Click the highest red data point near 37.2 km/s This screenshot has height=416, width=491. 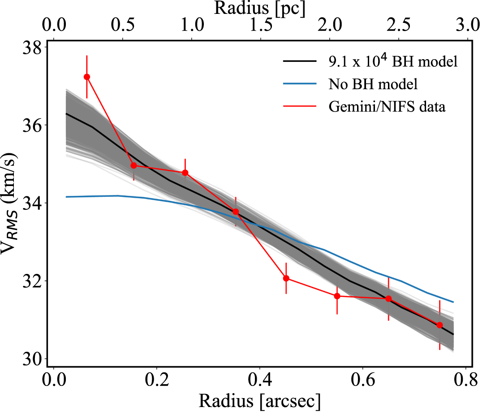pyautogui.click(x=87, y=77)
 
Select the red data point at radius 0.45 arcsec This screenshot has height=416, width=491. pyautogui.click(x=286, y=278)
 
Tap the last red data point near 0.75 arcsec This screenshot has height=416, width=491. pyautogui.click(x=439, y=325)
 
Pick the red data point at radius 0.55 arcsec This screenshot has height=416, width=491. pyautogui.click(x=337, y=296)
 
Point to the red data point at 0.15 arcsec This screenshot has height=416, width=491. pyautogui.click(x=134, y=165)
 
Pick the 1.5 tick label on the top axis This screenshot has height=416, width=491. pyautogui.click(x=260, y=25)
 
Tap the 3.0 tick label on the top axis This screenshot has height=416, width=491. pyautogui.click(x=467, y=25)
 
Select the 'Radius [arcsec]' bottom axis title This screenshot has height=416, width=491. pyautogui.click(x=260, y=402)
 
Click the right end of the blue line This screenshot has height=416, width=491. pyautogui.click(x=453, y=302)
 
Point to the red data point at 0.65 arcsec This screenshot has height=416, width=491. pyautogui.click(x=388, y=299)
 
